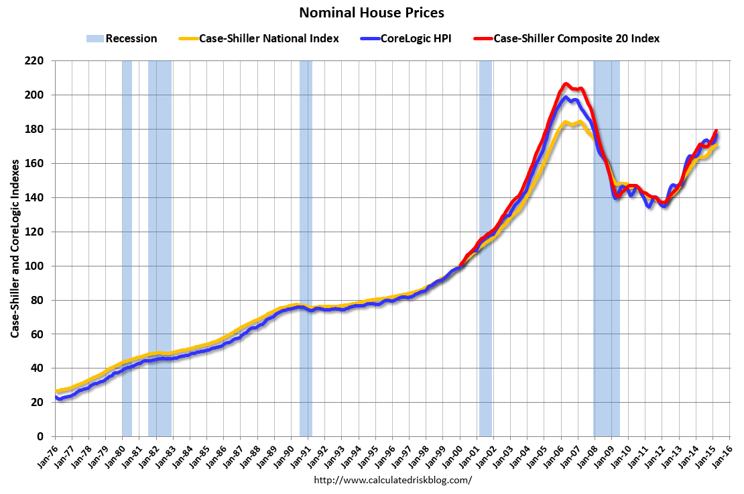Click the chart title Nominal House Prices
(x=371, y=12)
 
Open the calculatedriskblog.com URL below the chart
(x=393, y=480)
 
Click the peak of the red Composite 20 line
(x=566, y=84)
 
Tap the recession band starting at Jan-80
(x=127, y=248)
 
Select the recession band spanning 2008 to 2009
(x=607, y=248)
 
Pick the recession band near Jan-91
(x=306, y=248)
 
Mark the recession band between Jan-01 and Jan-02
(x=485, y=248)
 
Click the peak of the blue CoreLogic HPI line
(x=566, y=98)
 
